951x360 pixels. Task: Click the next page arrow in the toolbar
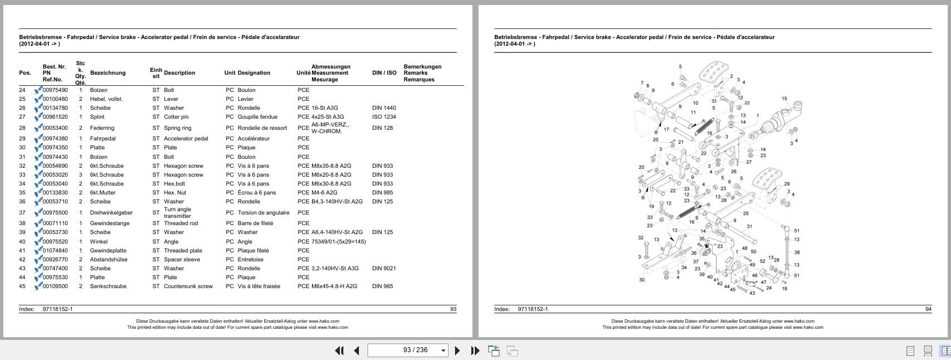click(457, 351)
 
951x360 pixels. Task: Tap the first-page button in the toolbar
click(339, 351)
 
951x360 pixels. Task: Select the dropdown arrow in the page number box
click(443, 351)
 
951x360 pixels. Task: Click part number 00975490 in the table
click(55, 90)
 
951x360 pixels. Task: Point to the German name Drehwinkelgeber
click(111, 213)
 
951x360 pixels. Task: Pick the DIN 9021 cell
click(384, 269)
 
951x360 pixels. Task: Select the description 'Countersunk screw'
click(188, 286)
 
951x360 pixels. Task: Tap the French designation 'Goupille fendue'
click(257, 117)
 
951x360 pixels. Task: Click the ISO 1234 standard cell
click(384, 117)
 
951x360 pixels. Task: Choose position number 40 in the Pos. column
click(22, 242)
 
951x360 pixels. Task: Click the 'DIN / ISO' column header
click(384, 73)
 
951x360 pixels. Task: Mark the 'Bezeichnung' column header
click(108, 73)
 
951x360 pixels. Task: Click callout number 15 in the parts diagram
click(784, 99)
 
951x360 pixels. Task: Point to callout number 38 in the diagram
click(797, 252)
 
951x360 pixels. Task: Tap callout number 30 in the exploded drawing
click(642, 280)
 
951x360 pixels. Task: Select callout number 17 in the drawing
click(666, 130)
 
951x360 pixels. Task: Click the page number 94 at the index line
click(928, 309)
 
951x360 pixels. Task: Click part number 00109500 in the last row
click(55, 286)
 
